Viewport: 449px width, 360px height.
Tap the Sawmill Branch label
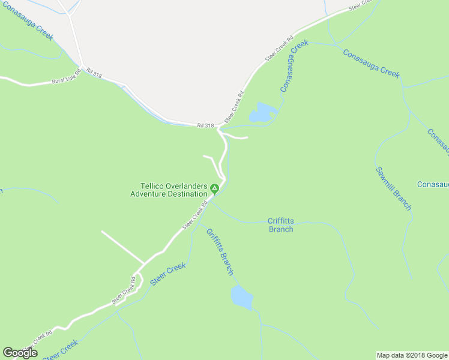pos(394,188)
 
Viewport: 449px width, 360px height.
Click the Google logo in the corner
pos(20,353)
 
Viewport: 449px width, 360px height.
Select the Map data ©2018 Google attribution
pos(412,355)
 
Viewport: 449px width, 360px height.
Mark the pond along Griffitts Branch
pos(241,297)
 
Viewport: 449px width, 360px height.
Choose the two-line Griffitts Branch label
pos(281,225)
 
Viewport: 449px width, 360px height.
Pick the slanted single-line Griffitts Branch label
pos(220,252)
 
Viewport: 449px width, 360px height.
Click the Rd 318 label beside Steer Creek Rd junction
pos(205,125)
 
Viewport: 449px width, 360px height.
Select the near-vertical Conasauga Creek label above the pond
pos(294,66)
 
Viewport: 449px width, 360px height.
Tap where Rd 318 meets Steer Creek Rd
pos(220,127)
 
